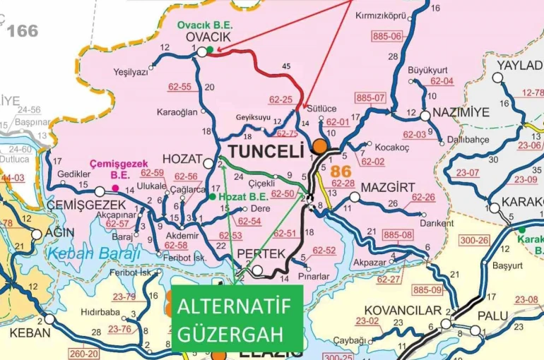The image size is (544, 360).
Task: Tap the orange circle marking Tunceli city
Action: coord(320,146)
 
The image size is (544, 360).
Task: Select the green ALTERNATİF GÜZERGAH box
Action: coord(237,319)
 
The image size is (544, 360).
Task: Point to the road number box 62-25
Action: coord(280,100)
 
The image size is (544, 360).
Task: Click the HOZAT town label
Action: coord(182,158)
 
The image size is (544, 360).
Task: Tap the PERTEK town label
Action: coord(261,253)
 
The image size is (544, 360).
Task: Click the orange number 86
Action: coord(341,171)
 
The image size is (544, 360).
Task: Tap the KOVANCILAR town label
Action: coord(401,310)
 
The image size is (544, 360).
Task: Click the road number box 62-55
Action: coord(179,87)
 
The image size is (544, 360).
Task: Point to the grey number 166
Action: coord(22,30)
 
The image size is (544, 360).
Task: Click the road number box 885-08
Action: coord(397,234)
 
